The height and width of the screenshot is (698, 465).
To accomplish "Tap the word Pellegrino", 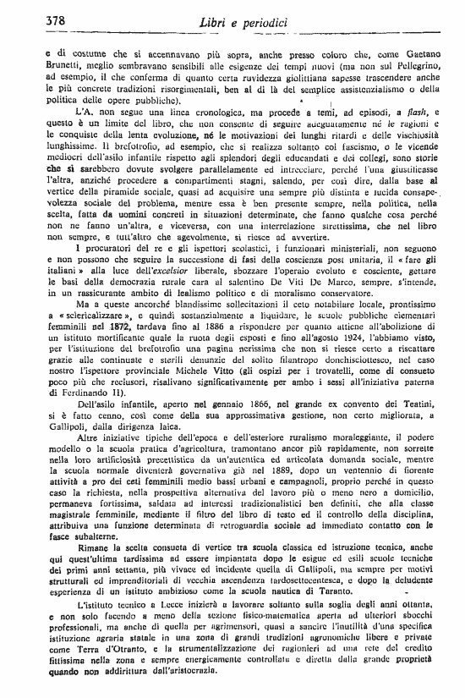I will click(403, 68).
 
